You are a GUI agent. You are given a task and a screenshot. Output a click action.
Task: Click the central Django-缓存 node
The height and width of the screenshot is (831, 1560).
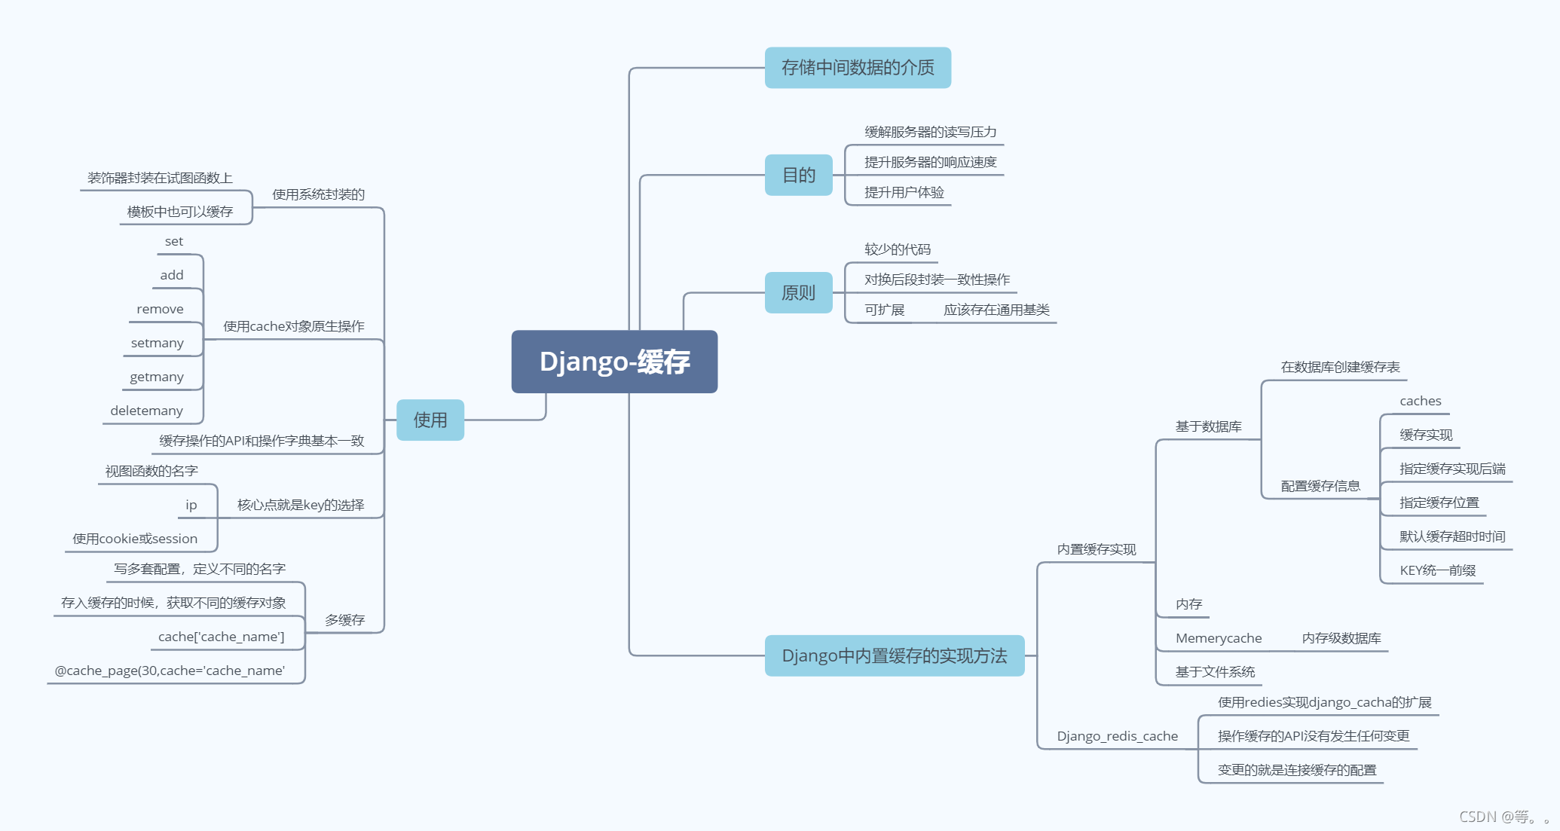pos(614,362)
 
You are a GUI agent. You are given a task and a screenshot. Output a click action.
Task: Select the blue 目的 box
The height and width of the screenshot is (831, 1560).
pos(798,176)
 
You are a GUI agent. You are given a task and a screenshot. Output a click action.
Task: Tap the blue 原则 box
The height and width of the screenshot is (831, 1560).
pos(798,292)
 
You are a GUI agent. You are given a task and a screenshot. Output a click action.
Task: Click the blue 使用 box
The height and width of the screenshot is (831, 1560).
pos(430,420)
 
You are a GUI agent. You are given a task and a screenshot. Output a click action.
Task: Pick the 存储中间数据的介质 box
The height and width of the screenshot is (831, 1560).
pos(858,68)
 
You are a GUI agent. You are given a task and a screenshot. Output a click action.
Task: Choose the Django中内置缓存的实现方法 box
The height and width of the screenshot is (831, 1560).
pos(894,655)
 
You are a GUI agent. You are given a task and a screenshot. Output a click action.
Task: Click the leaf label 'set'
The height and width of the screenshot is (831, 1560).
pos(174,242)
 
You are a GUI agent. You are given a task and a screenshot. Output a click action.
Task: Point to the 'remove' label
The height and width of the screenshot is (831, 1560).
pos(160,309)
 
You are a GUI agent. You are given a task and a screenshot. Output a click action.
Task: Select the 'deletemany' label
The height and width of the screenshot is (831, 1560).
pos(146,411)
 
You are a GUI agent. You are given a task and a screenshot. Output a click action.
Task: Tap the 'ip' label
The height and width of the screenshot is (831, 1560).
pos(191,505)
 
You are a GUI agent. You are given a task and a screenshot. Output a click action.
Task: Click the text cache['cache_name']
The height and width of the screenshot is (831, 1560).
pos(221,637)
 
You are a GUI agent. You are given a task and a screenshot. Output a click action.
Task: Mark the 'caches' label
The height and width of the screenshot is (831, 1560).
pos(1421,401)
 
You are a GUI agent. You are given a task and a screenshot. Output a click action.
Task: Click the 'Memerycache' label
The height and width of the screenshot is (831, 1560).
pos(1218,638)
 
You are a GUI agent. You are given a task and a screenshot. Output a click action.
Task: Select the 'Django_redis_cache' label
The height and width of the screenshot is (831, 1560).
pos(1117,736)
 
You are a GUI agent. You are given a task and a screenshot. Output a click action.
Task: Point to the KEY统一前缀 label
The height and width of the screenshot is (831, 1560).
pos(1437,570)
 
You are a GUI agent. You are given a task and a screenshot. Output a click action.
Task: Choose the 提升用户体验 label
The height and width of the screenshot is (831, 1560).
pos(904,192)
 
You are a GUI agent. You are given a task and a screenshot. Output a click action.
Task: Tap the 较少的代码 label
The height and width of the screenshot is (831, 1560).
pos(897,249)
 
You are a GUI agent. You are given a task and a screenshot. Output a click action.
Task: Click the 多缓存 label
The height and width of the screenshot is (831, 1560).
pos(344,620)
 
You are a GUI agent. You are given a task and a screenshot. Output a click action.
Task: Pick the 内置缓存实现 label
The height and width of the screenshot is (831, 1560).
pos(1096,549)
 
